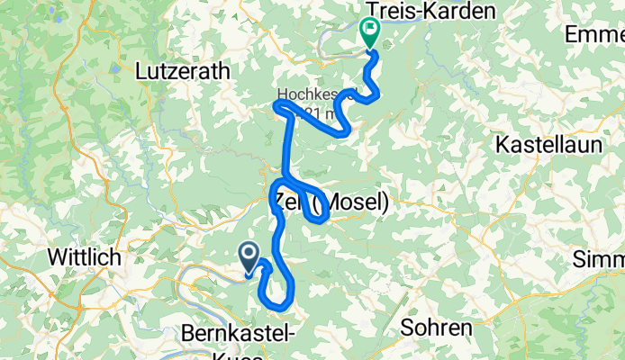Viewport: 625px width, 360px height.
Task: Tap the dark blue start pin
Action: click(249, 256)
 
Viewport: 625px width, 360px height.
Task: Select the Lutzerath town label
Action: click(183, 70)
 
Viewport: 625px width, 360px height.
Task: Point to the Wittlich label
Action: click(84, 258)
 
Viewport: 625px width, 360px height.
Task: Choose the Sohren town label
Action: click(436, 327)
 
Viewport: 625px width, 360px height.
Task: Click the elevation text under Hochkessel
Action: click(317, 113)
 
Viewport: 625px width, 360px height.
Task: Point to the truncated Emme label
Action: click(594, 34)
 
